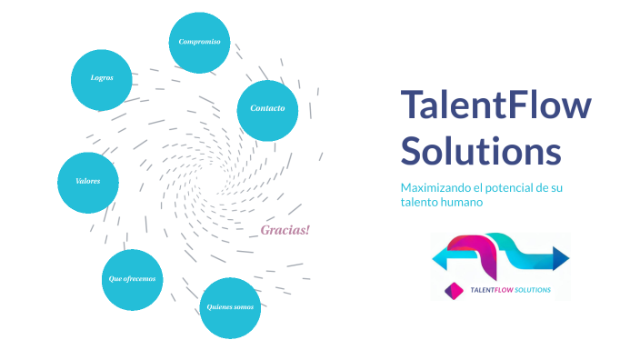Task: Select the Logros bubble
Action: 102,79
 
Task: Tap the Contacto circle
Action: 267,109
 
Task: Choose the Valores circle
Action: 88,182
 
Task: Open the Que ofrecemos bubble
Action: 132,279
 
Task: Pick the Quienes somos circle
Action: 230,307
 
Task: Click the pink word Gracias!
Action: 285,230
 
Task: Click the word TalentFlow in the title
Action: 495,106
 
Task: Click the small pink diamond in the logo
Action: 448,290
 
